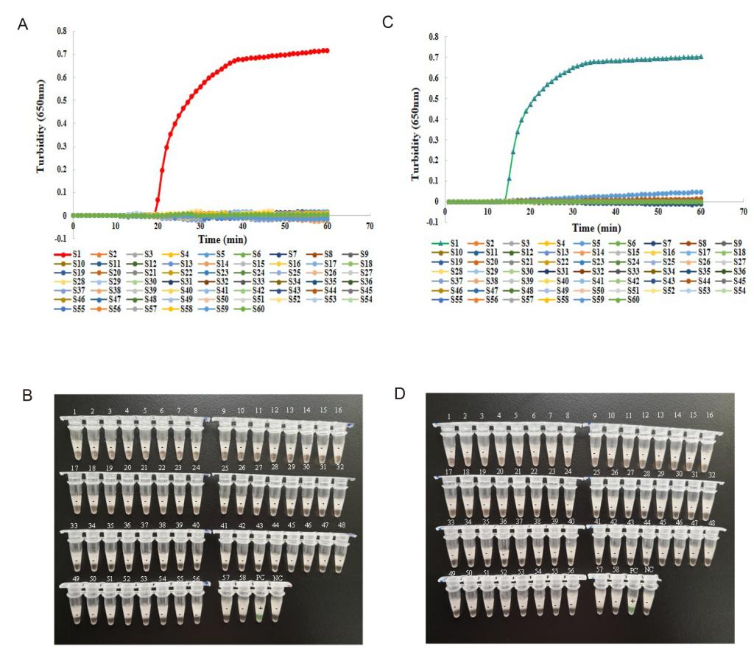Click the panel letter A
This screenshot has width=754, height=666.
[23, 25]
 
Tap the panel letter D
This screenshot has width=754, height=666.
[400, 393]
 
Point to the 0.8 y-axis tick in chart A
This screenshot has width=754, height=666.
[62, 31]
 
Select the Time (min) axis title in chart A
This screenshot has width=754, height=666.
[221, 239]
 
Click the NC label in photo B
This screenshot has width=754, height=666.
[277, 578]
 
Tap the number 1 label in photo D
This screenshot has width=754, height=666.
[449, 418]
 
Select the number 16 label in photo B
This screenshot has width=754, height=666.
[337, 410]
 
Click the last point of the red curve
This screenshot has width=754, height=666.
[327, 51]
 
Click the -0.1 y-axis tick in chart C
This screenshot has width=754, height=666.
[432, 220]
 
